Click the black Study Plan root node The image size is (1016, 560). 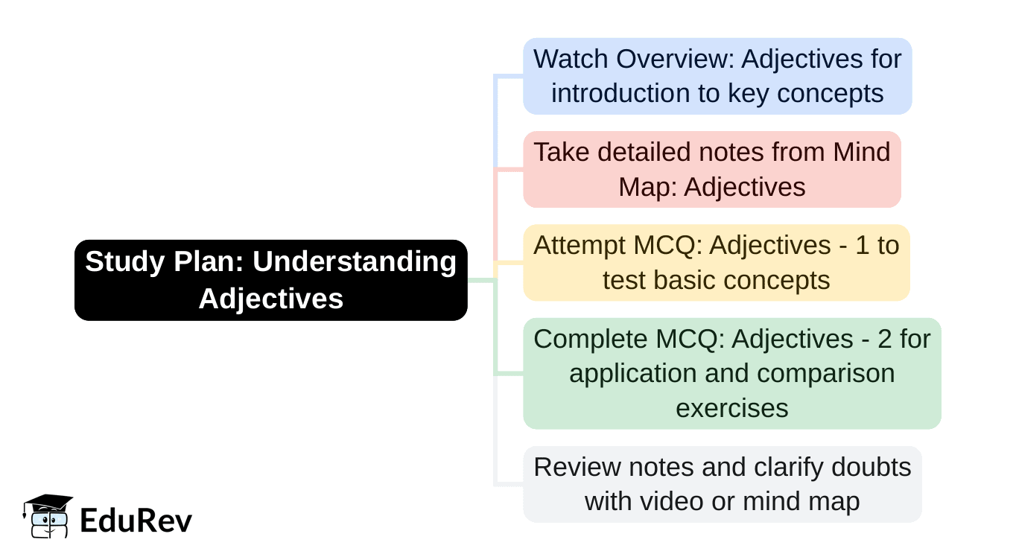270,280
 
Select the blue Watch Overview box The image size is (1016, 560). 717,76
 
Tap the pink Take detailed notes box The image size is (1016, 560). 711,169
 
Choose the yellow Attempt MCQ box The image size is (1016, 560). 716,262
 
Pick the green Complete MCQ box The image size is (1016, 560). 731,373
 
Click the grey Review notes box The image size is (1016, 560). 722,484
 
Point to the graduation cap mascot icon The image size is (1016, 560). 48,515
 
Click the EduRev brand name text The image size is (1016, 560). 136,521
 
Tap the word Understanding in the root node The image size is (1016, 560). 355,262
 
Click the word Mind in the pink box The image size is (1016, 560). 861,152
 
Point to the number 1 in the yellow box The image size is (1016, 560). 862,245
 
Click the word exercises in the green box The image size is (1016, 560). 731,408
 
